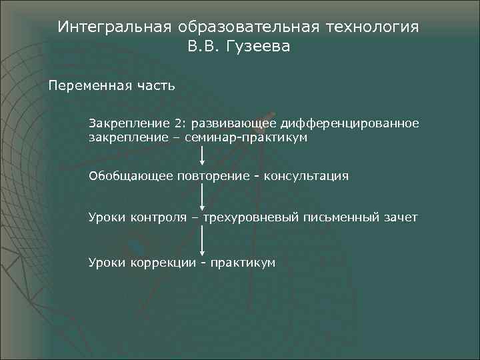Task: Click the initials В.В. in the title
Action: (205, 48)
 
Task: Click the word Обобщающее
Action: (130, 177)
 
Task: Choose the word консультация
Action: (306, 177)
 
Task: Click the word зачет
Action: (400, 217)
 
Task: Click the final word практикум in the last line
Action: (242, 263)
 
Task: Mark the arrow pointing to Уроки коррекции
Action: (202, 241)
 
